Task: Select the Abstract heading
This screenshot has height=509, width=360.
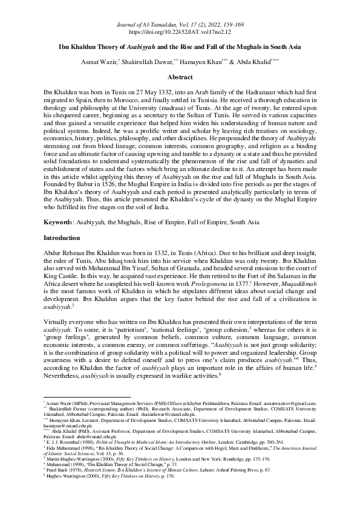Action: [x=180, y=77]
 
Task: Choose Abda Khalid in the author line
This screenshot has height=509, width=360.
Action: [x=282, y=62]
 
